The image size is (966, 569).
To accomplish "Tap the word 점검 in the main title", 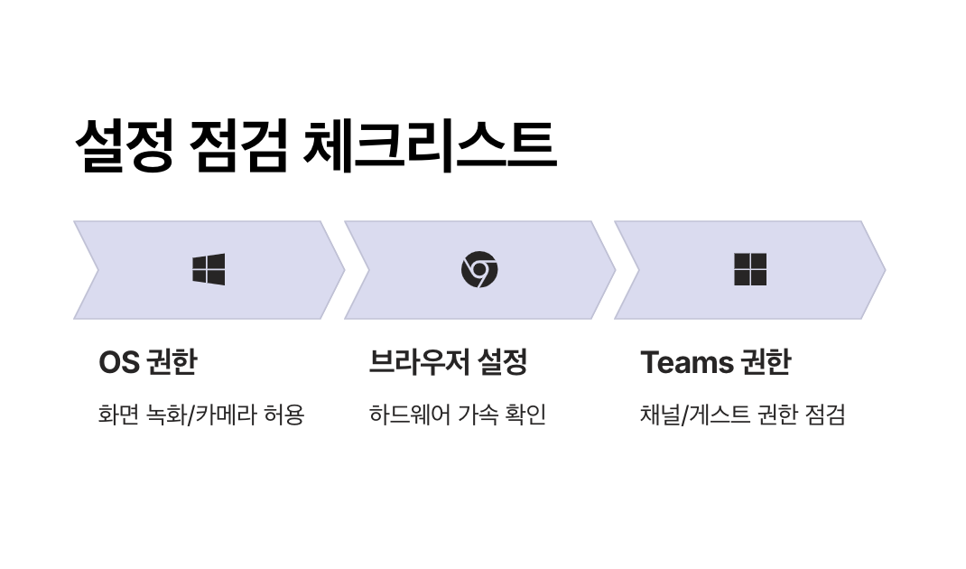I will [x=239, y=144].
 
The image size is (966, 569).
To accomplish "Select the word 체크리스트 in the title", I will [x=429, y=144].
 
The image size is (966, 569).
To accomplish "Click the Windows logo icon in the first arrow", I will [x=209, y=269].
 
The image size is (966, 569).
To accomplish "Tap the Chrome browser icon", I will [x=479, y=269].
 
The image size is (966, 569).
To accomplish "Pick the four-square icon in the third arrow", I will [x=750, y=269].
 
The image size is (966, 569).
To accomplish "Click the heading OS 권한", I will [x=147, y=362].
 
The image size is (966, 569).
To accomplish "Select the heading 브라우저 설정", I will [x=448, y=362].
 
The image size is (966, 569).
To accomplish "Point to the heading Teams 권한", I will [x=715, y=362].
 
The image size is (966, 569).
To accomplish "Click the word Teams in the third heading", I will [x=687, y=362].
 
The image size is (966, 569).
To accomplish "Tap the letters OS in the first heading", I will [x=118, y=362].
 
